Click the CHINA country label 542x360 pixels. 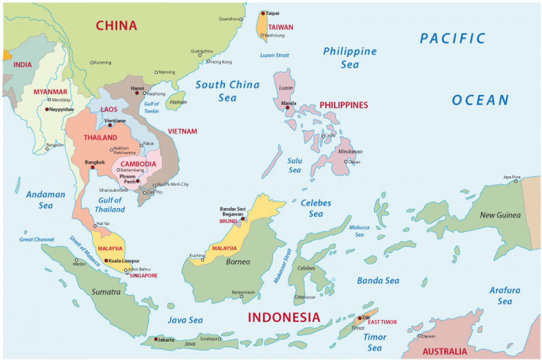117,25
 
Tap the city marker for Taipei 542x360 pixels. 263,13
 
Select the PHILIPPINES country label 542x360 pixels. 344,105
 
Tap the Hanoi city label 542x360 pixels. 138,88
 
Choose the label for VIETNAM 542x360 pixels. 182,131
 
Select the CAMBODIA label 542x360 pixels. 138,164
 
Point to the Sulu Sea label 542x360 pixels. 294,165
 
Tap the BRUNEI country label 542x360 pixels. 228,221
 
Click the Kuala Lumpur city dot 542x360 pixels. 106,261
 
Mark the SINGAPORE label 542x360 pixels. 144,275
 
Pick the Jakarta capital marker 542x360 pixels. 156,339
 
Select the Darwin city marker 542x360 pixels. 418,336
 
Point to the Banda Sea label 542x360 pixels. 378,280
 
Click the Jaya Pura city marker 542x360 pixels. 516,181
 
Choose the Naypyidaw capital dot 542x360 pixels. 47,109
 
